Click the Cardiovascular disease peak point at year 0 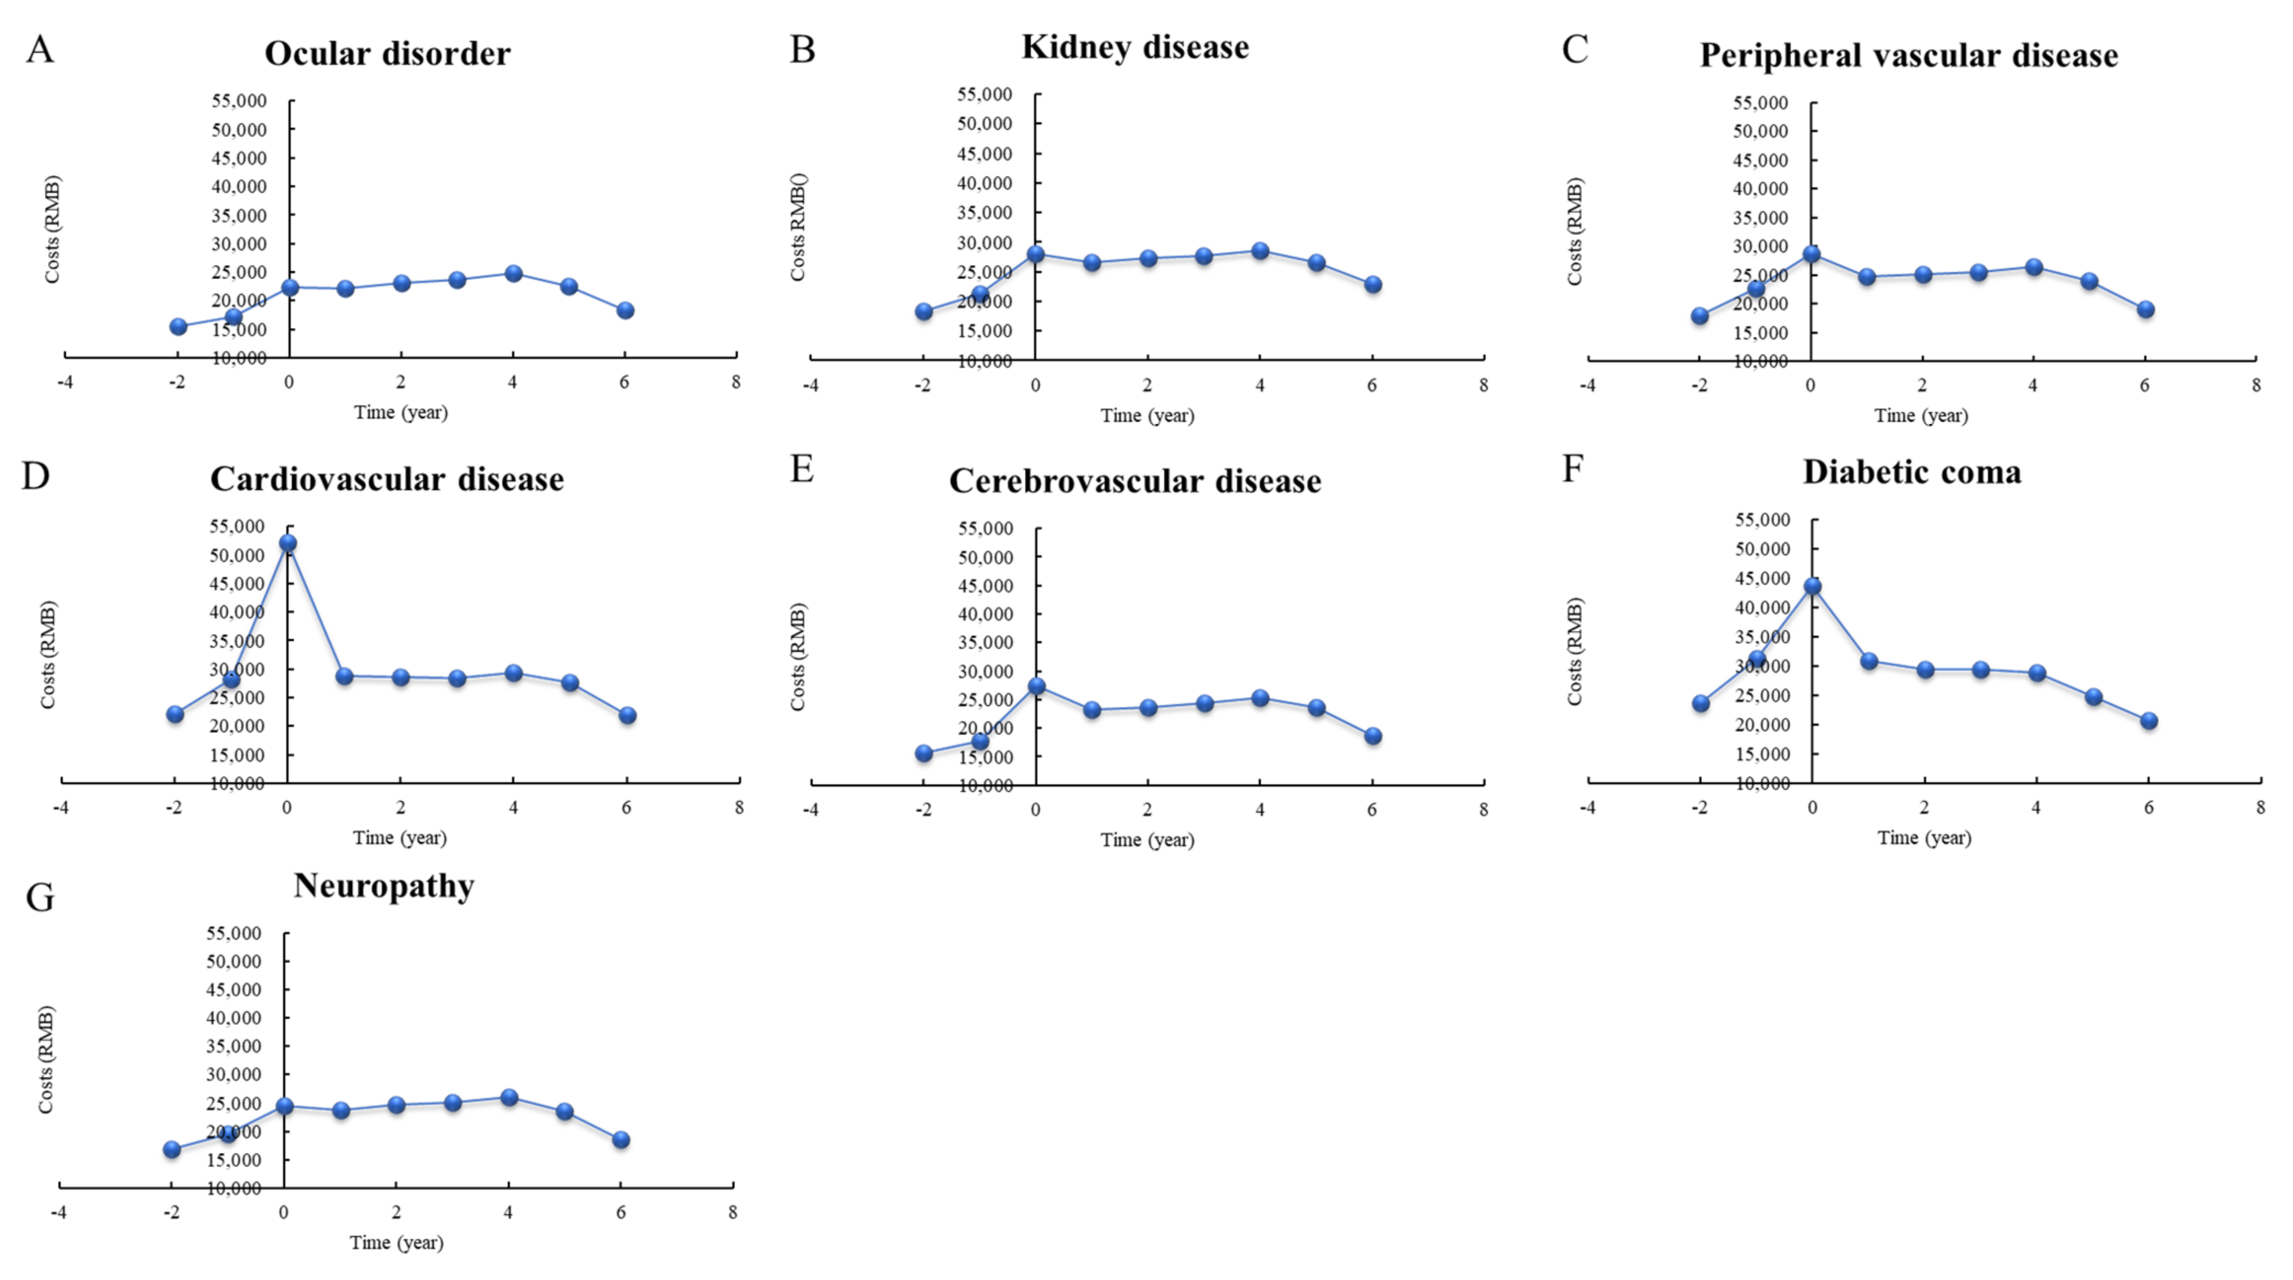[287, 542]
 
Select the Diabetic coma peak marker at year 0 [1812, 585]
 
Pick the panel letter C [1575, 49]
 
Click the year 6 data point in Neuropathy [621, 1140]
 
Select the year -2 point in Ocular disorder [178, 327]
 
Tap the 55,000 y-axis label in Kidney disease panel [985, 94]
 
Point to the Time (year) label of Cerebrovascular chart [1146, 839]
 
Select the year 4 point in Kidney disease [1259, 251]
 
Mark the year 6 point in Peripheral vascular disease [2145, 310]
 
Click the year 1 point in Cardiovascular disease [345, 676]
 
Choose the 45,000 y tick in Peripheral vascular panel [1760, 160]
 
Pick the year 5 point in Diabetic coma [2093, 696]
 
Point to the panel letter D [36, 476]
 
